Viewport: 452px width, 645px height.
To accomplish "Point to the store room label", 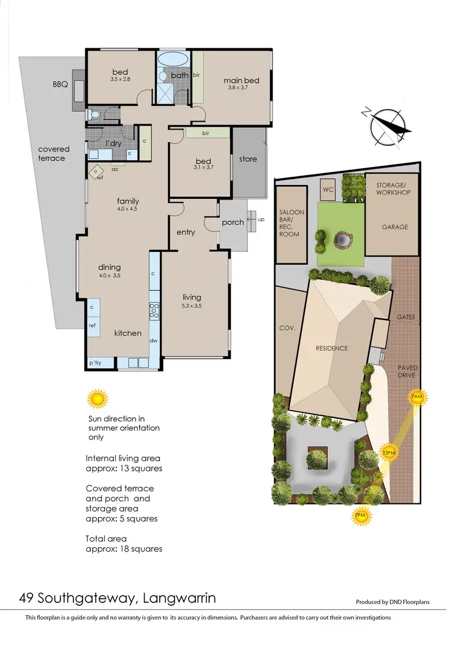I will [x=248, y=159].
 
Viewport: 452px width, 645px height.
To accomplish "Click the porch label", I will [x=233, y=222].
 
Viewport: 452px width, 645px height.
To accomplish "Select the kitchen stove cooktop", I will [x=154, y=310].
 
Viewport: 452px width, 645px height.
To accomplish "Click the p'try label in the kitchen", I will [x=95, y=363].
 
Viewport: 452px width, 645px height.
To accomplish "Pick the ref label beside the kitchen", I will [x=92, y=325].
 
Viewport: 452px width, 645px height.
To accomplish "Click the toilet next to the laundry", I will [x=93, y=115].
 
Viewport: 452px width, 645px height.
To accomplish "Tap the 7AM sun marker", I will [x=417, y=397].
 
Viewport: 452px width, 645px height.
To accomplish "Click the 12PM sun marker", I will [x=388, y=453].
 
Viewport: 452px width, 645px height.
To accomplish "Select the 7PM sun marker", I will [x=360, y=515].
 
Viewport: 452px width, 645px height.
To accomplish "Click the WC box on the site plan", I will [x=328, y=189].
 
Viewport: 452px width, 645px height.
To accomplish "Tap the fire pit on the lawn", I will [x=342, y=240].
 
